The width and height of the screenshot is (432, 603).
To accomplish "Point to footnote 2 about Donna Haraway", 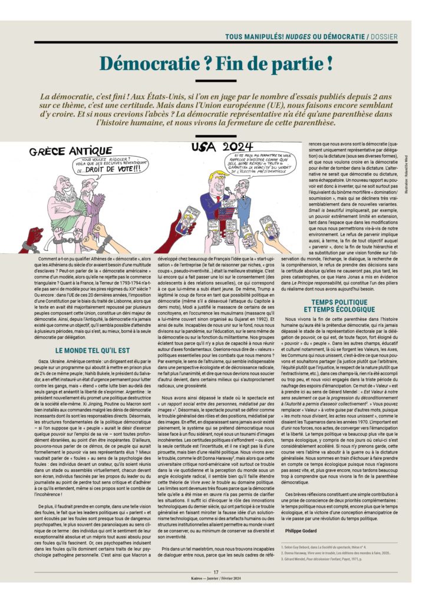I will point(338,553).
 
